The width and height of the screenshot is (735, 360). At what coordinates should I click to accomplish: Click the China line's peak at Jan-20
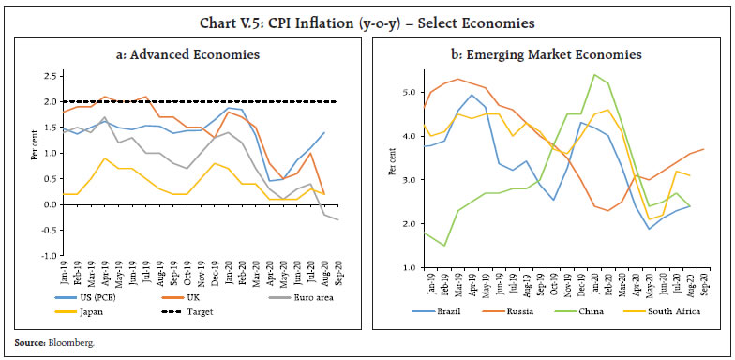[x=594, y=74]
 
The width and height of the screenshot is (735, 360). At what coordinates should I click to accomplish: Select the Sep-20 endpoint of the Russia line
[x=704, y=149]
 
